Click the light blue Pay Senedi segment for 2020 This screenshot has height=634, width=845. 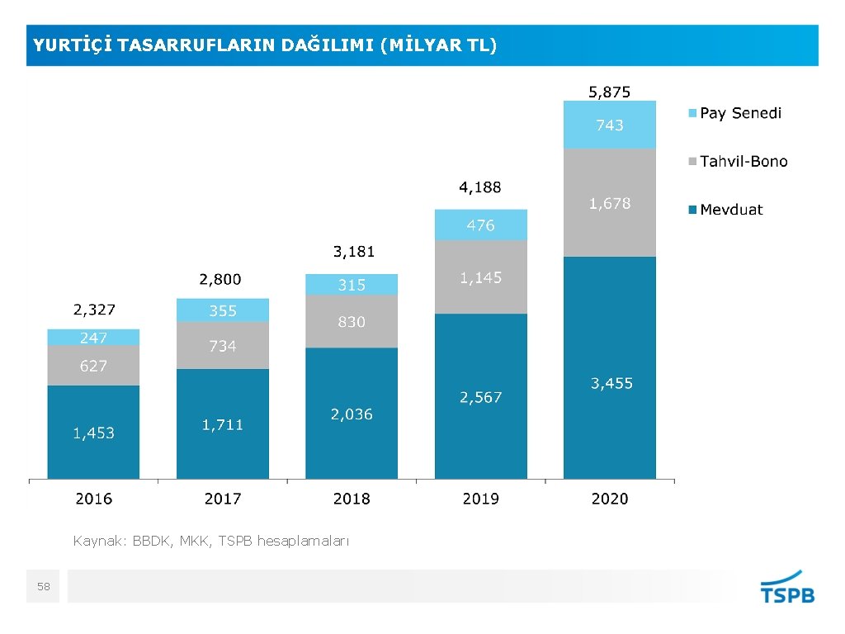609,125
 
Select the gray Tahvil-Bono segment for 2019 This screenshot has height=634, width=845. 480,277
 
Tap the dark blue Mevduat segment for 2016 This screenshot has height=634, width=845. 93,432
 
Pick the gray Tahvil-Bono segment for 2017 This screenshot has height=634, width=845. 222,345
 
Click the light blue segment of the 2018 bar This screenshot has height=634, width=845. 351,285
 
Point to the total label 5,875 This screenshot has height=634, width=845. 609,92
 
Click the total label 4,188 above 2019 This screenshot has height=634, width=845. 480,187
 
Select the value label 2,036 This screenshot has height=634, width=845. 352,414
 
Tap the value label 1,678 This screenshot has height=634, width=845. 609,203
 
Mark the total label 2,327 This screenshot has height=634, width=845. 94,310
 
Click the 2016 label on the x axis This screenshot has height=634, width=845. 94,499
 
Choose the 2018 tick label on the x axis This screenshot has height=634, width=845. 352,499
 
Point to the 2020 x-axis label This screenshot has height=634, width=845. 610,499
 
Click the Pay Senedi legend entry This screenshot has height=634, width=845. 739,113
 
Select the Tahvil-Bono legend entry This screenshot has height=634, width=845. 743,162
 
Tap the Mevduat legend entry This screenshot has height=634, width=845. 730,210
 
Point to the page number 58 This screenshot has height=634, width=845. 44,587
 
